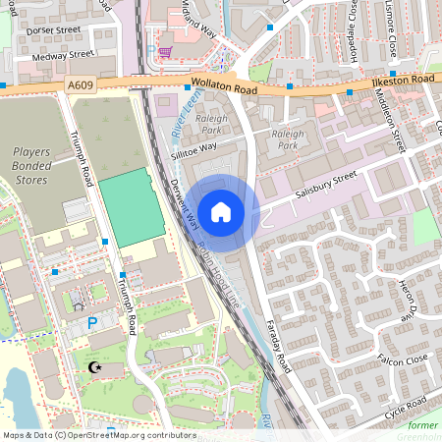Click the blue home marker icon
click(x=221, y=212)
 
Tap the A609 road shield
click(x=82, y=86)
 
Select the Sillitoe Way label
click(x=193, y=148)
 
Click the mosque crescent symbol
click(x=95, y=367)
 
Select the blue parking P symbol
click(x=93, y=321)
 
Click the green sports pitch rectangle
click(x=132, y=207)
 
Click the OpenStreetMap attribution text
click(x=98, y=435)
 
